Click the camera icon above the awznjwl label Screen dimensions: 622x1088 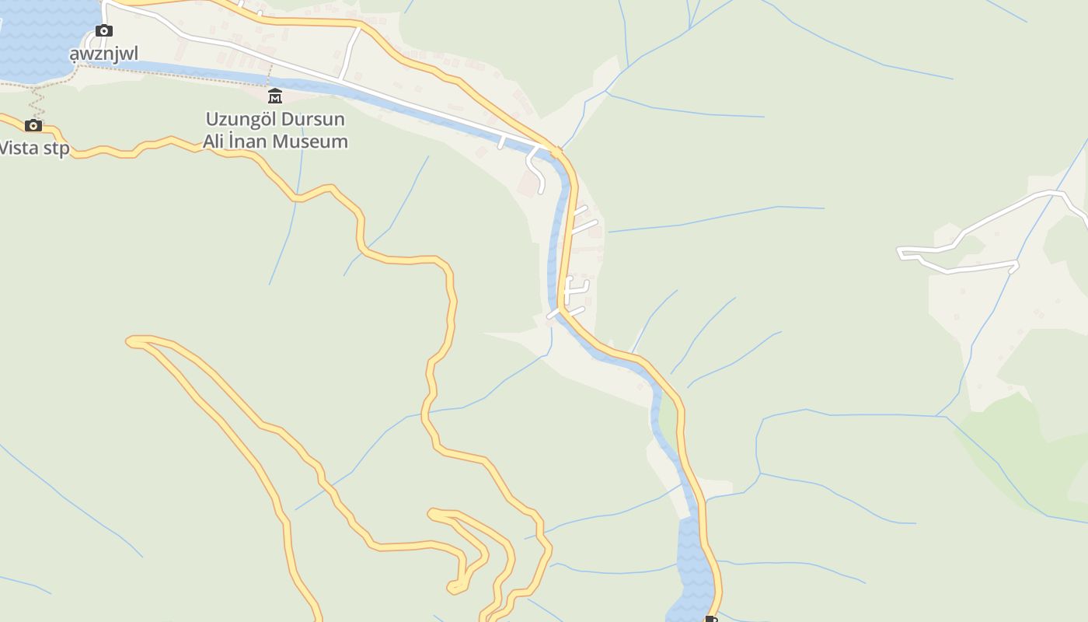tap(104, 31)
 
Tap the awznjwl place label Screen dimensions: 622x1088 tap(103, 54)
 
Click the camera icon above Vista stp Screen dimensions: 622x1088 tap(33, 125)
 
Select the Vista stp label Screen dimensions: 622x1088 tap(34, 148)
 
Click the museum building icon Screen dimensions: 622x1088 tap(275, 96)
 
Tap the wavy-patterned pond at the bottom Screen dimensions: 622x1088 tap(692, 568)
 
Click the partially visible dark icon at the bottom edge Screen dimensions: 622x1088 tap(710, 619)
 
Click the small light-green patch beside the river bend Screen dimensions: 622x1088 tap(667, 420)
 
